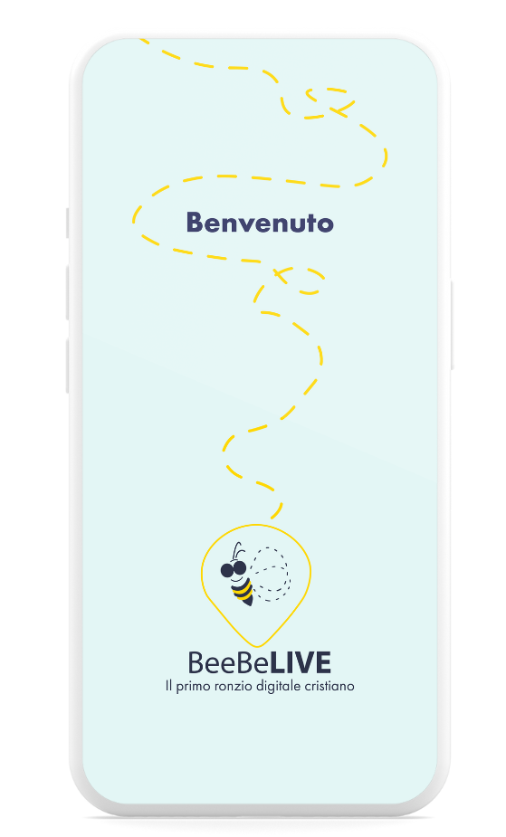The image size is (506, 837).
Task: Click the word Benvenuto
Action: pyautogui.click(x=260, y=223)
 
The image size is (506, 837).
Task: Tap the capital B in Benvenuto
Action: pyautogui.click(x=195, y=223)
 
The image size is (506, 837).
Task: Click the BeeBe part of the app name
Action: pyautogui.click(x=228, y=663)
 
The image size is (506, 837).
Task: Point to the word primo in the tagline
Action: pyautogui.click(x=193, y=687)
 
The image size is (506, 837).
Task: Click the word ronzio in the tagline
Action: pyautogui.click(x=234, y=686)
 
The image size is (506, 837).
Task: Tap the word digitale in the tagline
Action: pyautogui.click(x=279, y=687)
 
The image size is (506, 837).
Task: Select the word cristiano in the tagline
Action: pyautogui.click(x=329, y=686)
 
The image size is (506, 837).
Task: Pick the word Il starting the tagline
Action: pyautogui.click(x=168, y=685)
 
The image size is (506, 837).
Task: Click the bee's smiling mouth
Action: pyautogui.click(x=237, y=579)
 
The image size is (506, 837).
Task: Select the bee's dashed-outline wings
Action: pyautogui.click(x=271, y=574)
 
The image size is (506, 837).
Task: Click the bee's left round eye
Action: pyautogui.click(x=227, y=571)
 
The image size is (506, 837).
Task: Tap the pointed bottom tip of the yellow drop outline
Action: pyautogui.click(x=257, y=646)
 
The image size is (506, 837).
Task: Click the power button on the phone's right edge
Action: pyautogui.click(x=452, y=325)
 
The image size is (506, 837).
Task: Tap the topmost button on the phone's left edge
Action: pyautogui.click(x=68, y=223)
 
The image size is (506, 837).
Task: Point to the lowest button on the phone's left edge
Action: pyautogui.click(x=68, y=366)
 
